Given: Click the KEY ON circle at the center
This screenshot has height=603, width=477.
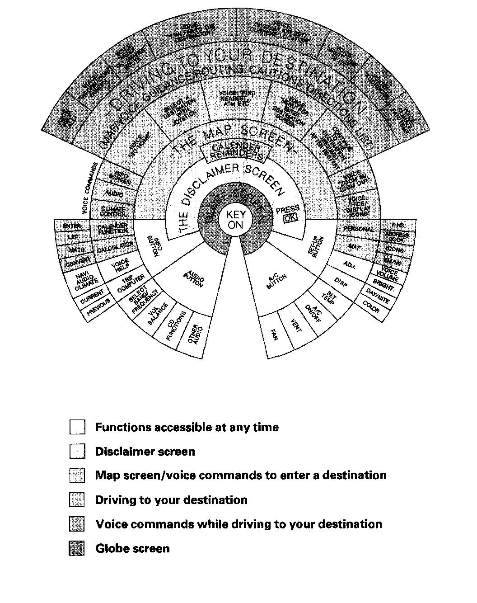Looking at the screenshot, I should click(x=235, y=219).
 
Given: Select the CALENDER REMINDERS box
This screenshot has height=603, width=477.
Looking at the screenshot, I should click(x=236, y=152).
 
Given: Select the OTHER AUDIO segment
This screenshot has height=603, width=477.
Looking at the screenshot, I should click(x=197, y=334).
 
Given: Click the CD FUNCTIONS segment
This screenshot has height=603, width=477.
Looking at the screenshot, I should click(x=175, y=325).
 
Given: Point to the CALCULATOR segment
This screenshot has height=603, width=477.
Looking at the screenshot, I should click(x=115, y=248).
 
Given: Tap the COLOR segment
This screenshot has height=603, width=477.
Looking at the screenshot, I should click(x=371, y=307).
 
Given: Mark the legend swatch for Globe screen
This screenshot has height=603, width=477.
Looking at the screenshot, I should click(x=77, y=549).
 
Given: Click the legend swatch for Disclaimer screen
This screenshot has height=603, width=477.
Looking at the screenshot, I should click(x=77, y=452).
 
